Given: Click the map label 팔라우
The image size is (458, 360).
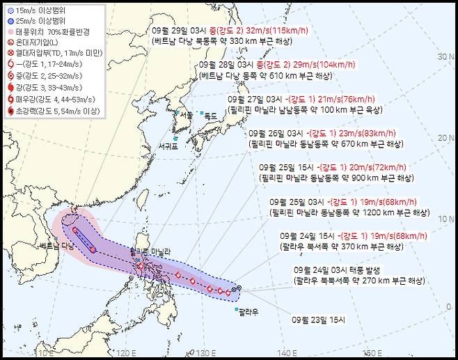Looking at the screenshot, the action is click(248, 313).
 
